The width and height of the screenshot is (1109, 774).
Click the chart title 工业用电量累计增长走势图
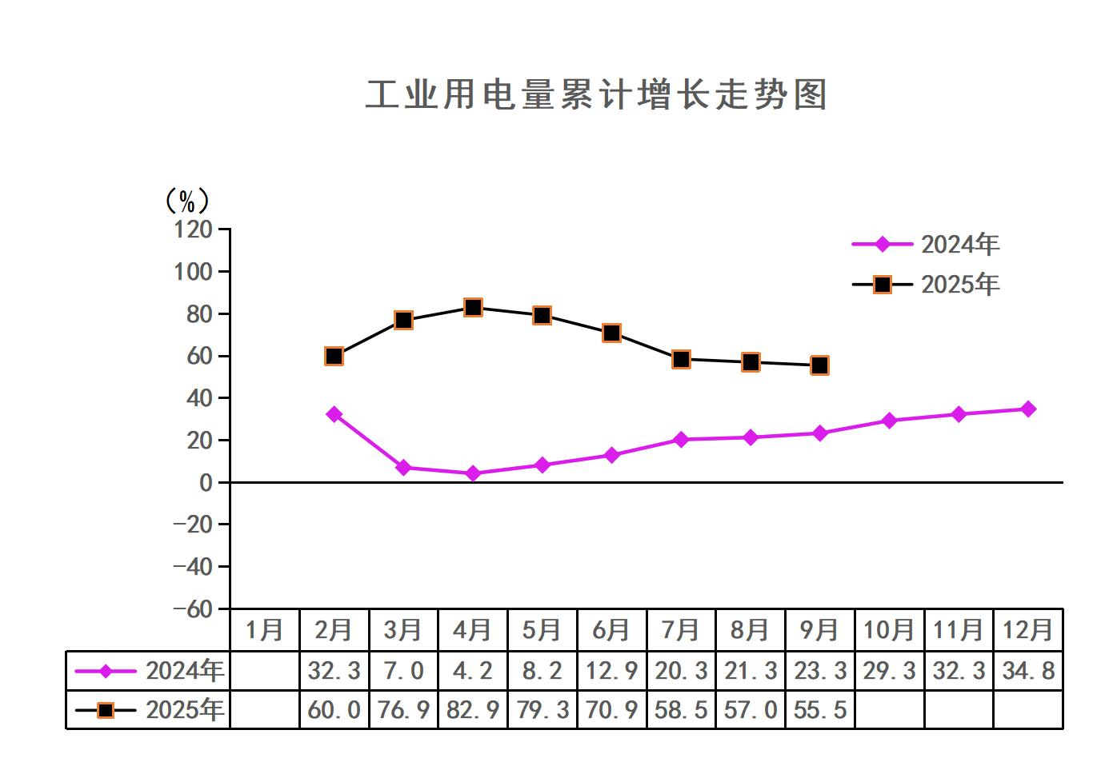[x=596, y=95]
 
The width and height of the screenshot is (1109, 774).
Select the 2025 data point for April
[x=473, y=308]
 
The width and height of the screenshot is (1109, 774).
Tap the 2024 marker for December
[x=1028, y=409]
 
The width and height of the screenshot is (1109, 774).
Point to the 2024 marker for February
[x=334, y=414]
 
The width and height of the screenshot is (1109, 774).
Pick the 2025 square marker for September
[x=819, y=365]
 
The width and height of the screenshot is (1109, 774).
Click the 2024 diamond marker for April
[x=473, y=473]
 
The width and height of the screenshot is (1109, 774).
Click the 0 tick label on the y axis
[x=206, y=482]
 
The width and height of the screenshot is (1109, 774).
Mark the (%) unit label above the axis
[x=186, y=200]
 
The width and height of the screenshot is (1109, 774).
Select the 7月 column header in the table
[x=681, y=630]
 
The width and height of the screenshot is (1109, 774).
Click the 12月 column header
[x=1028, y=630]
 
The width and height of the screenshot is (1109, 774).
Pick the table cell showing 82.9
[x=473, y=709]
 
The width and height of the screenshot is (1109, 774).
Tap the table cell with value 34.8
[x=1028, y=670]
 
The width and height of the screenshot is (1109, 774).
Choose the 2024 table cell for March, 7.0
[x=403, y=670]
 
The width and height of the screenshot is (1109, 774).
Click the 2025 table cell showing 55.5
[x=819, y=709]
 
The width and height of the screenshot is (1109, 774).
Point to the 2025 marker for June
[x=611, y=333]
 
